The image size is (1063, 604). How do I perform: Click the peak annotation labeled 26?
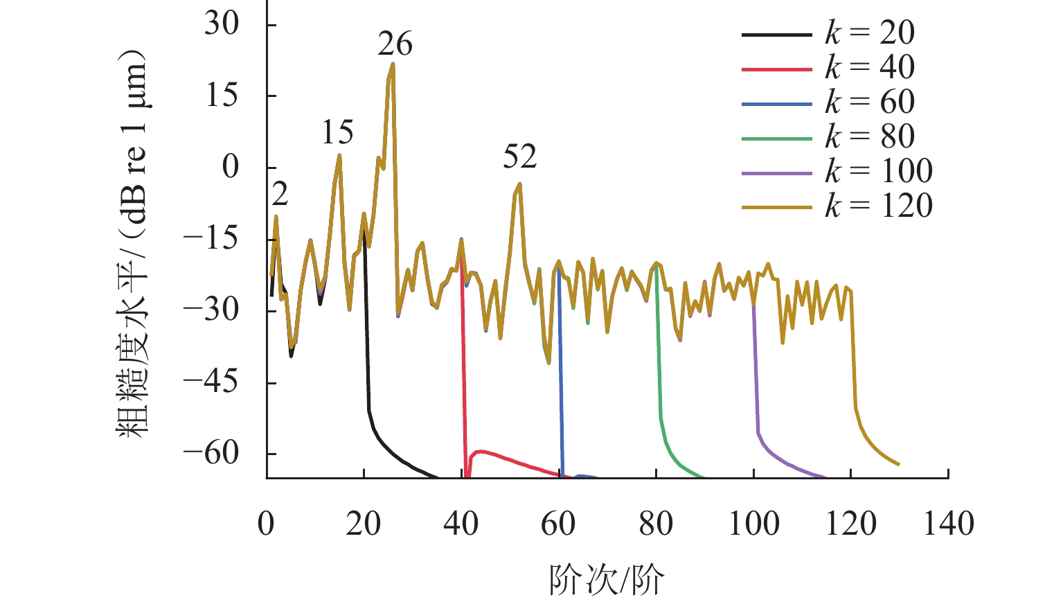coord(395,45)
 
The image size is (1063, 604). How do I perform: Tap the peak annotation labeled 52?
coord(519,158)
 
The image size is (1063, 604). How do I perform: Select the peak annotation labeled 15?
coord(337,133)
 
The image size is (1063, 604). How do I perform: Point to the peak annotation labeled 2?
coord(280,195)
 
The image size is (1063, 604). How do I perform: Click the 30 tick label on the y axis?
coord(222,25)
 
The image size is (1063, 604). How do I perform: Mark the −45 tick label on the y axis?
coord(211,382)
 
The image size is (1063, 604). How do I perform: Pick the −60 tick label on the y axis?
coord(211,454)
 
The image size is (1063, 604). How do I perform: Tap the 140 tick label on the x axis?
coord(948,524)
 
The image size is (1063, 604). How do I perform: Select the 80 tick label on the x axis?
coord(656,524)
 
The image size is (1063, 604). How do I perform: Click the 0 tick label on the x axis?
coord(267,524)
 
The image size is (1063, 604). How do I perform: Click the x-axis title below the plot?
coord(607,580)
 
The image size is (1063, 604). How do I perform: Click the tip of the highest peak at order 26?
coord(393,64)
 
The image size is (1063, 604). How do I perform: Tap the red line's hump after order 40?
coord(480,452)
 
